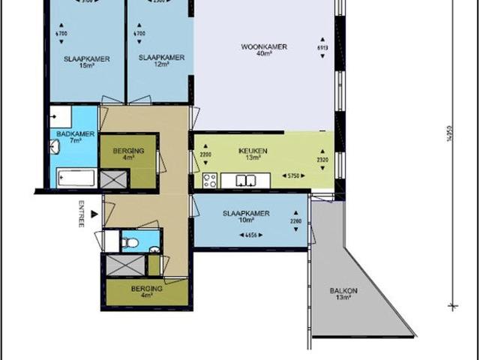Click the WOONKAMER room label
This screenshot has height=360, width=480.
[264, 46]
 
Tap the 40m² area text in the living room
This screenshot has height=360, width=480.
[264, 54]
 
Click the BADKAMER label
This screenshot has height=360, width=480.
[65, 133]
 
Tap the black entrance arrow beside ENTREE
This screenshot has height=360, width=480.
[93, 214]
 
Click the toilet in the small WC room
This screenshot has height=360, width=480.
[131, 243]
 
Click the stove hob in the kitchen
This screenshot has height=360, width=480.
[209, 180]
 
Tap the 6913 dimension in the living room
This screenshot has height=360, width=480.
[323, 47]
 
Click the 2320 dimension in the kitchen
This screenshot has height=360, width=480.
[323, 159]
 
